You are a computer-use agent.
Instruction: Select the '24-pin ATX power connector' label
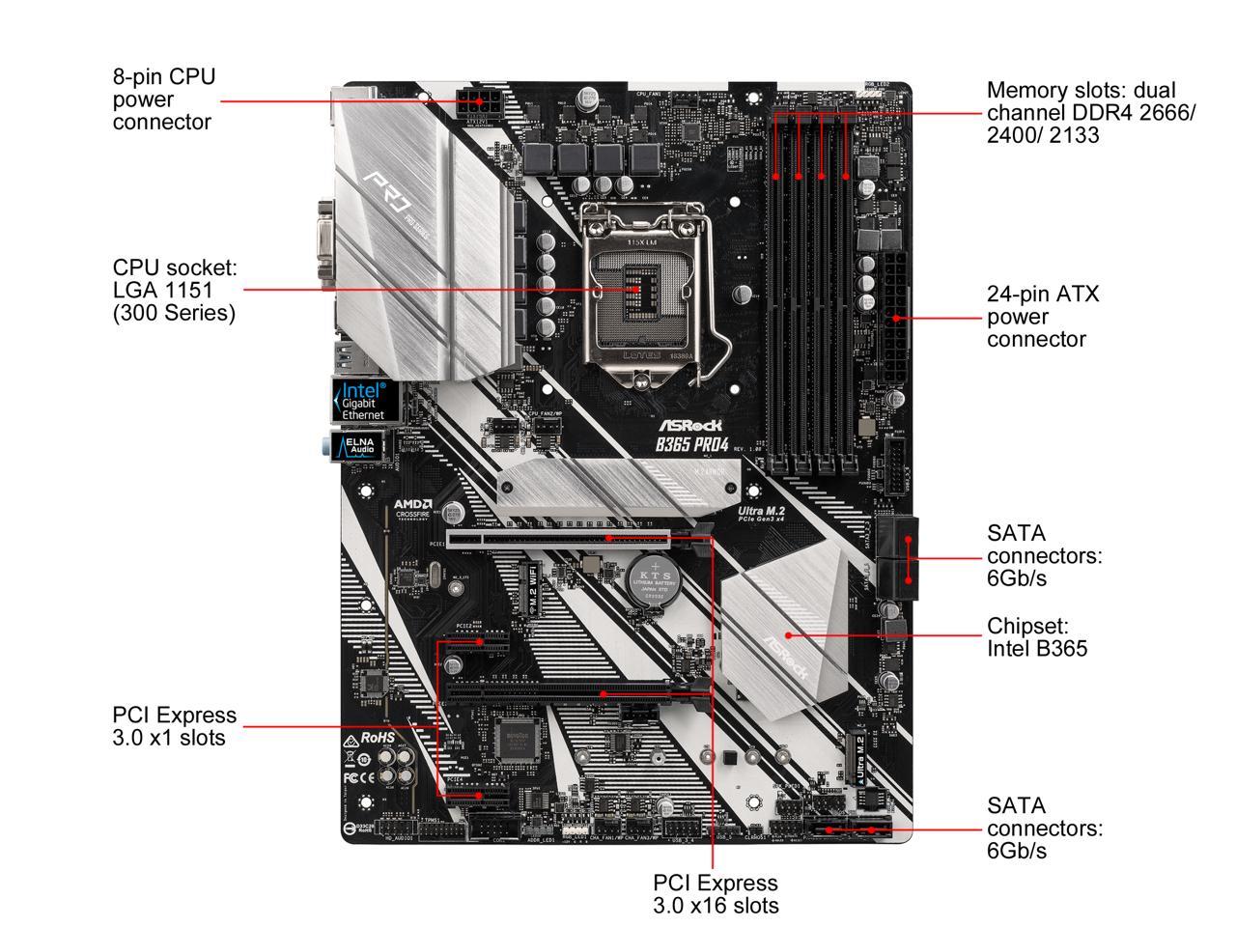pyautogui.click(x=1043, y=317)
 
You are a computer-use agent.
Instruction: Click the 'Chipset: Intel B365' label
pyautogui.click(x=1037, y=636)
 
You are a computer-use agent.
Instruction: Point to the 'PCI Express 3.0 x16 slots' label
pyautogui.click(x=716, y=894)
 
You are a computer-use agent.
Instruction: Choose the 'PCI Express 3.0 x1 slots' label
pyautogui.click(x=174, y=726)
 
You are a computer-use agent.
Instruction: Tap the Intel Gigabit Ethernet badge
pyautogui.click(x=359, y=400)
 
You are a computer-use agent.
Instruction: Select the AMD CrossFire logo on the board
pyautogui.click(x=412, y=509)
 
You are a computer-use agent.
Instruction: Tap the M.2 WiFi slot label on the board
pyautogui.click(x=531, y=588)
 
